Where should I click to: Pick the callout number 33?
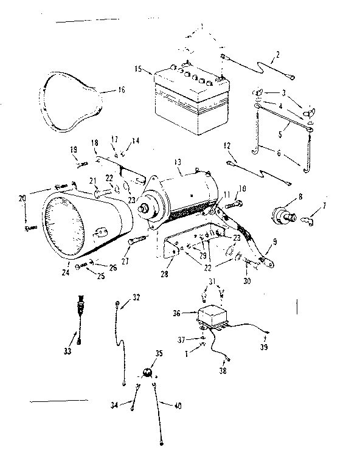point(67,351)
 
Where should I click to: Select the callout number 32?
point(136,297)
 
